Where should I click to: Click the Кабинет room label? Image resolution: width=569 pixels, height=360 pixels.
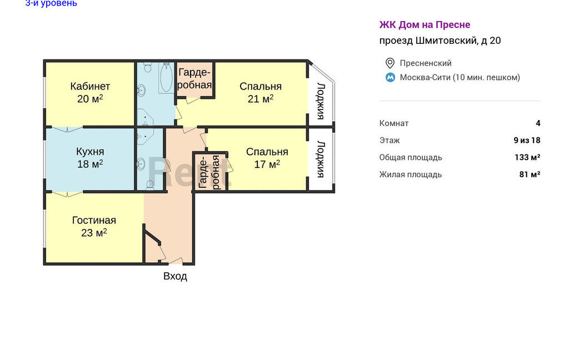tap(90, 86)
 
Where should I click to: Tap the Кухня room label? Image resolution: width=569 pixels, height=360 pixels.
tap(90, 151)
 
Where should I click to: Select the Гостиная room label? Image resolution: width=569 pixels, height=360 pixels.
tap(94, 221)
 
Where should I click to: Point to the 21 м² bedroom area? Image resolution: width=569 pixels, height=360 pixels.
tap(261, 99)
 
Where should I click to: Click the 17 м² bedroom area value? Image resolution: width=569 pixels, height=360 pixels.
tap(267, 164)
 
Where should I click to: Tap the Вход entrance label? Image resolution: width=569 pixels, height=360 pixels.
tap(175, 276)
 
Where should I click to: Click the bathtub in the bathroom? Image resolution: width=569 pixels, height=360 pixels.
tap(166, 78)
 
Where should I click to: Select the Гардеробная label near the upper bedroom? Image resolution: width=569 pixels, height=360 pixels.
tap(195, 79)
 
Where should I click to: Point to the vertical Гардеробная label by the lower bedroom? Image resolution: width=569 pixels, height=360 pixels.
tap(209, 172)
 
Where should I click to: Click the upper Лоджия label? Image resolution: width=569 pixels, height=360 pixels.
tap(321, 101)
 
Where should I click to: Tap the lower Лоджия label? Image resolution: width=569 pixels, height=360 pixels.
tap(321, 159)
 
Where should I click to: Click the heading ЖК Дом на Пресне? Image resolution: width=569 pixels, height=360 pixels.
tap(425, 24)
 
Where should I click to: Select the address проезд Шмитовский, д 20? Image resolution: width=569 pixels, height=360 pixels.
tap(440, 41)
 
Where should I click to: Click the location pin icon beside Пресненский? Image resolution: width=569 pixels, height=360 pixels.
tap(390, 63)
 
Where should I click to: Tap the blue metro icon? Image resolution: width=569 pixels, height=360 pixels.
tap(390, 77)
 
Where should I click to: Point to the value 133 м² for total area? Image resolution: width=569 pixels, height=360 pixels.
tap(527, 157)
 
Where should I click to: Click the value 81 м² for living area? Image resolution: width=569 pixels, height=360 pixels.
tap(530, 174)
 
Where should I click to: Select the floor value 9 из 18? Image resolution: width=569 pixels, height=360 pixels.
tap(527, 140)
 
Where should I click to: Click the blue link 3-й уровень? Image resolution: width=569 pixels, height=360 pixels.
tap(51, 3)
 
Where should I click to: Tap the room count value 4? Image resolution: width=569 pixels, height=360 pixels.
tap(538, 123)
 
